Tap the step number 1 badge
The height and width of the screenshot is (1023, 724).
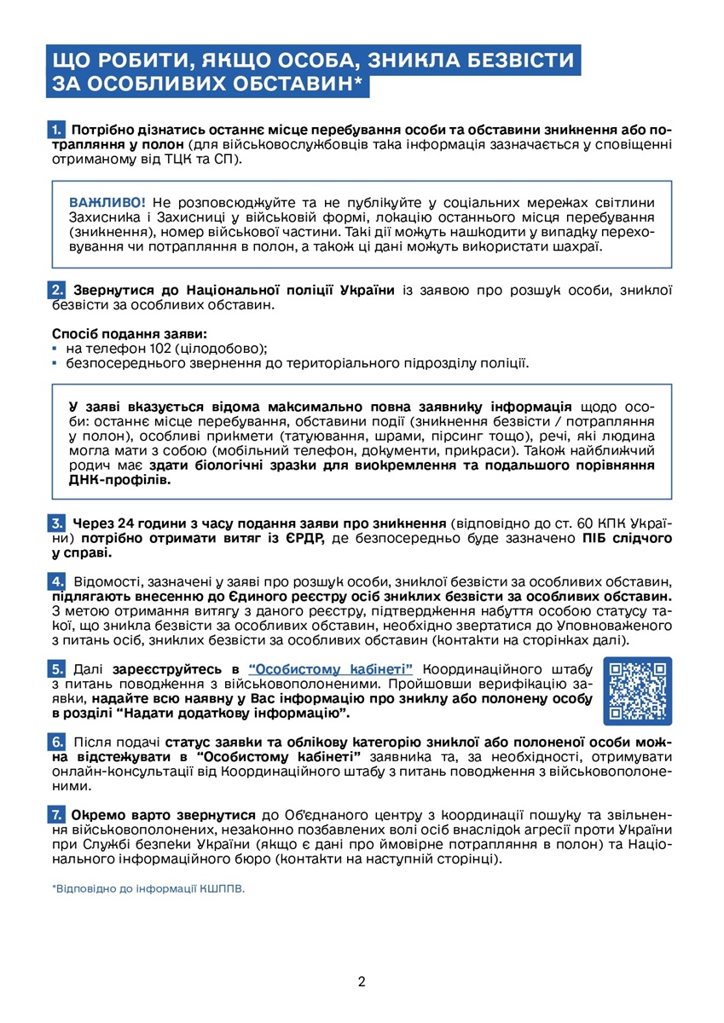[x=56, y=131]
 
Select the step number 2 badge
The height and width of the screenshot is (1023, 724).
[x=56, y=290]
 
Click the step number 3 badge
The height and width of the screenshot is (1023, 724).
[x=56, y=523]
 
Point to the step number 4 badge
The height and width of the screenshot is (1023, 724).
[x=56, y=581]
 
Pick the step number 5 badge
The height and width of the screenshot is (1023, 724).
[x=56, y=668]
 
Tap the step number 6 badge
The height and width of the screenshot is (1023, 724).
[x=56, y=743]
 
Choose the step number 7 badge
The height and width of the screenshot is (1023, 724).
[x=56, y=814]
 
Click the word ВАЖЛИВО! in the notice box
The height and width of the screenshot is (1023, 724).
[x=107, y=202]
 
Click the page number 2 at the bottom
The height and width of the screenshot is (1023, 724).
[x=362, y=981]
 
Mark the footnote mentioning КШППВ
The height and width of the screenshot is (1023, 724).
[x=148, y=888]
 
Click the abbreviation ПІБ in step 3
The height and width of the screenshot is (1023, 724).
[x=596, y=538]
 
